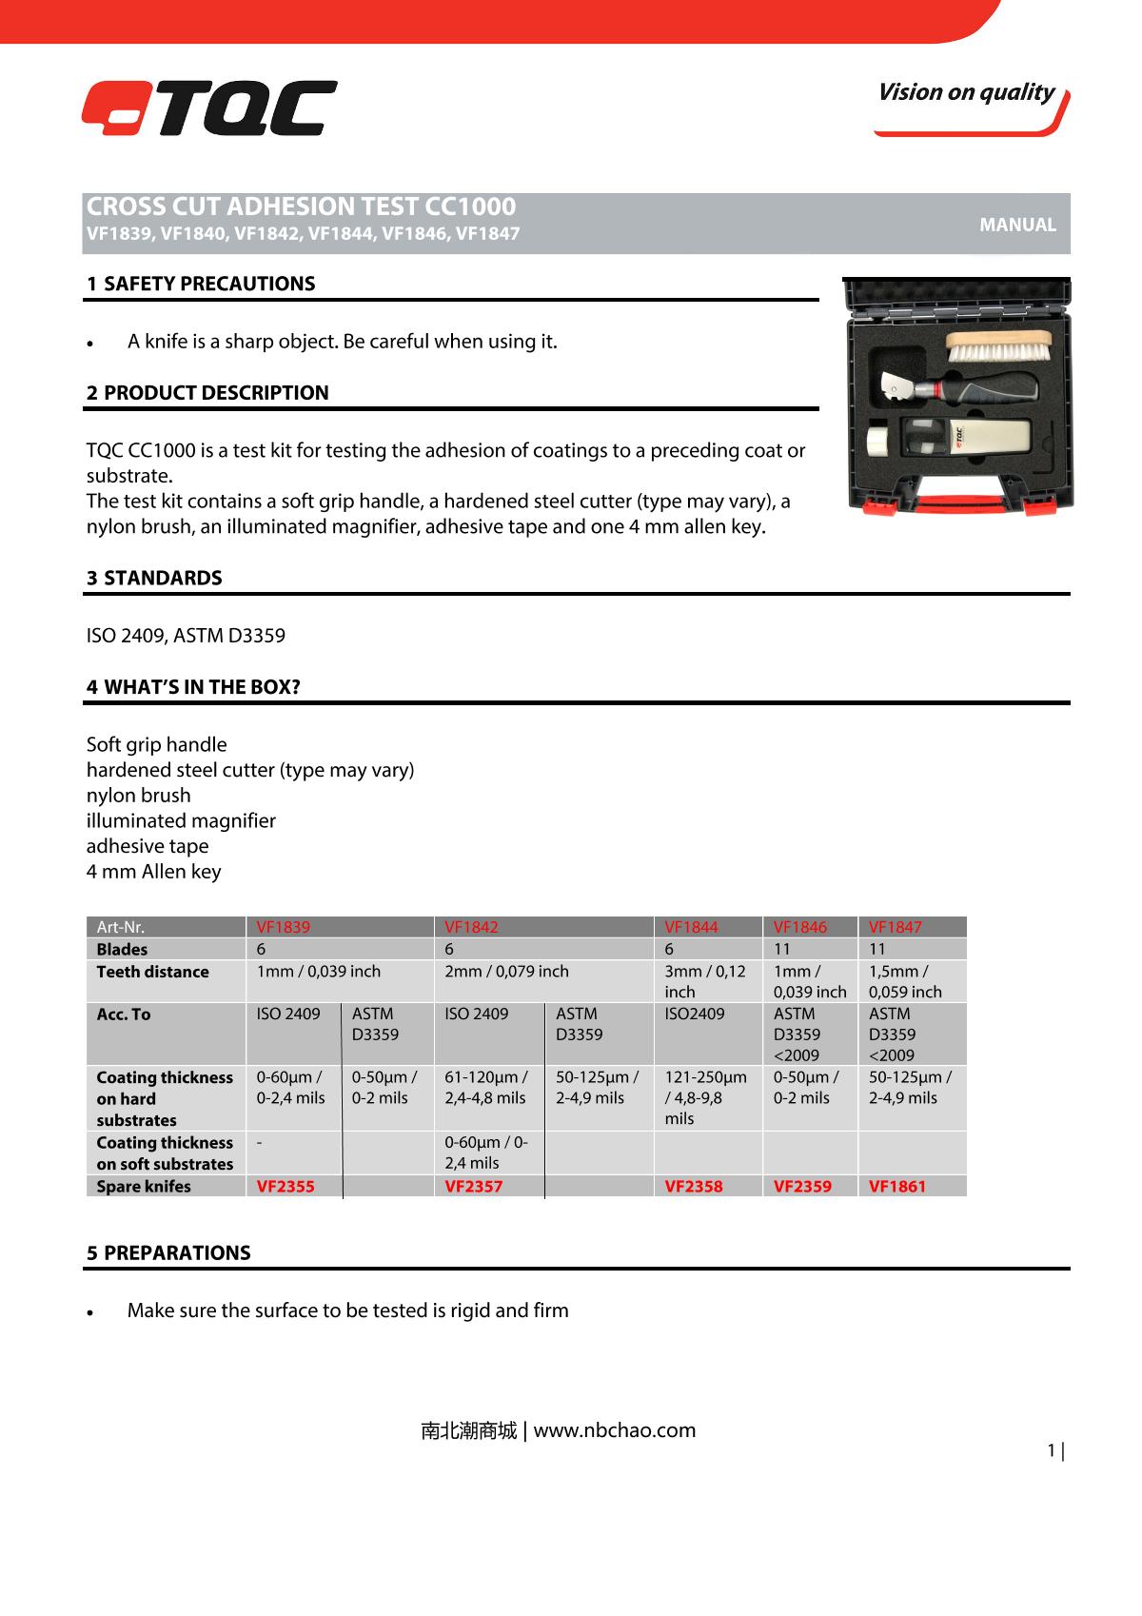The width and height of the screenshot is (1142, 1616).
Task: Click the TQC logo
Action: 208,108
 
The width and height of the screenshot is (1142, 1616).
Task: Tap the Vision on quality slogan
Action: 965,92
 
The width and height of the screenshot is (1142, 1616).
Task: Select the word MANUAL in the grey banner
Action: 1017,226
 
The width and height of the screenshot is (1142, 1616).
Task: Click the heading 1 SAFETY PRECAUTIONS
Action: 201,284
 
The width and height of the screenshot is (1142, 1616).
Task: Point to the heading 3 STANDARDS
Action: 154,578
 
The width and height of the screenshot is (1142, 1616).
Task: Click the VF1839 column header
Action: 284,927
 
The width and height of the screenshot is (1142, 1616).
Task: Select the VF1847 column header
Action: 896,927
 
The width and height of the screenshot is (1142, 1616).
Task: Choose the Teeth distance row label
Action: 153,972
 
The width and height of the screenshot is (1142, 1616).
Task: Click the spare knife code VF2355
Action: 285,1187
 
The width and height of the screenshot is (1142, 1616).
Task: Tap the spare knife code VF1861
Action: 897,1187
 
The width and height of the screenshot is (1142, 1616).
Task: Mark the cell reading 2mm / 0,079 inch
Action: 506,972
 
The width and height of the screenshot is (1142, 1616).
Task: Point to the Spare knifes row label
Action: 144,1187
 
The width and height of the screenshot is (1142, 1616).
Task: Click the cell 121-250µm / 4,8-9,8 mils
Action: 705,1097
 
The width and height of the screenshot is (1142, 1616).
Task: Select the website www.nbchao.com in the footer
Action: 615,1429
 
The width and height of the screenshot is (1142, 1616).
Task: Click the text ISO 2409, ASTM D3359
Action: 186,635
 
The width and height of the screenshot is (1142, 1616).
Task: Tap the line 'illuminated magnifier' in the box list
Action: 181,820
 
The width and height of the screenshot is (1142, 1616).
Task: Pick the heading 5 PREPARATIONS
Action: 168,1252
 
